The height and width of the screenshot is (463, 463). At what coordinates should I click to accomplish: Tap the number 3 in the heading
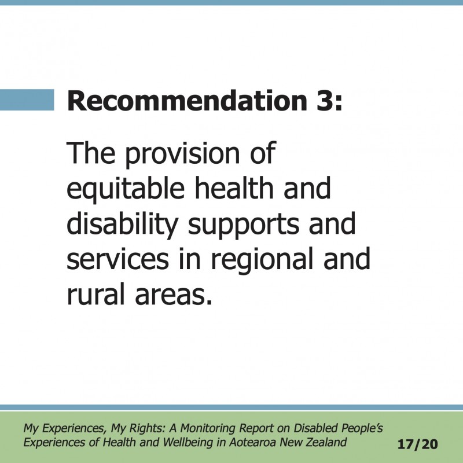[x=326, y=101]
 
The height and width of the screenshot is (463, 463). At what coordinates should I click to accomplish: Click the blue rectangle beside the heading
[x=27, y=100]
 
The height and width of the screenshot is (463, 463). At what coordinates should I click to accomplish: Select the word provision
[x=182, y=154]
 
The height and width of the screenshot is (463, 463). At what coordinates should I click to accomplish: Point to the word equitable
[x=126, y=189]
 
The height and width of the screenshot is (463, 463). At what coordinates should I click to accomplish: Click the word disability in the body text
[x=123, y=225]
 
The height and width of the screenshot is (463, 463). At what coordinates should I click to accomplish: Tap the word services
[x=118, y=259]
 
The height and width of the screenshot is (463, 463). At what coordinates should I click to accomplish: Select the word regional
[x=262, y=260]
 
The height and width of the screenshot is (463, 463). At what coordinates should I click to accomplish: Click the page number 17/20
[x=417, y=444]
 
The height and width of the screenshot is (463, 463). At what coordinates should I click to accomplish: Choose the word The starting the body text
[x=91, y=153]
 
